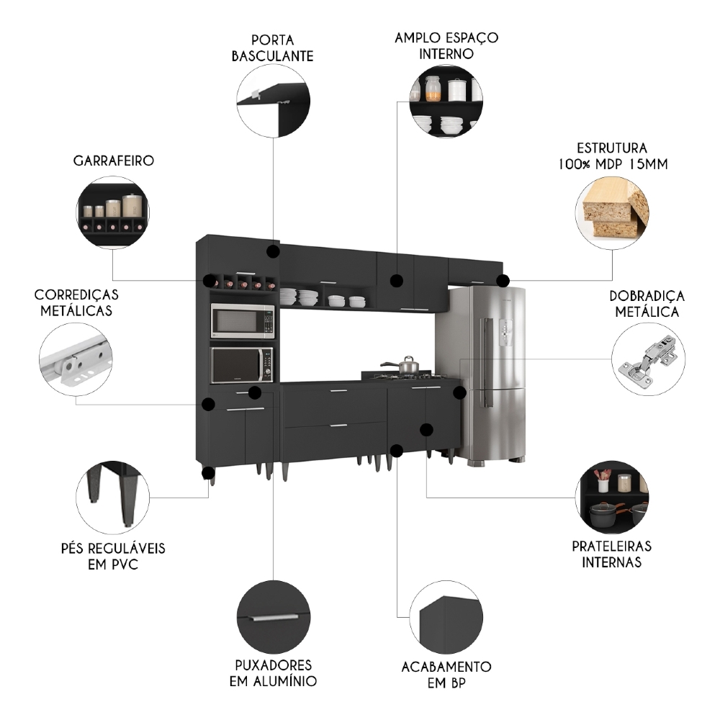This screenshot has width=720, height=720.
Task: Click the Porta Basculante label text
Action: tap(272, 48)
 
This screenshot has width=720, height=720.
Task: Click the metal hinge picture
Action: tap(648, 359)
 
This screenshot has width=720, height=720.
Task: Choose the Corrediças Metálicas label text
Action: tap(76, 302)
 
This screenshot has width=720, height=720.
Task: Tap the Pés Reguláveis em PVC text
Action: tap(113, 556)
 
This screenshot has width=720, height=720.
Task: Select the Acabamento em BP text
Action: tap(446, 675)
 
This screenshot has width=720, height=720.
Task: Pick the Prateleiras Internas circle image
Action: tap(613, 497)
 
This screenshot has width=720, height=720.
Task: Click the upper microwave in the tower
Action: tap(243, 320)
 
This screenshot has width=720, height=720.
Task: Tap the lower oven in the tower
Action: tap(243, 365)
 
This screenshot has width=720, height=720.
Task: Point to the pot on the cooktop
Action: tap(406, 365)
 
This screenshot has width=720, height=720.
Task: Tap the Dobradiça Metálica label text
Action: tap(647, 304)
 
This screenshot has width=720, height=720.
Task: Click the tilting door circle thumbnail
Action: tap(273, 103)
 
